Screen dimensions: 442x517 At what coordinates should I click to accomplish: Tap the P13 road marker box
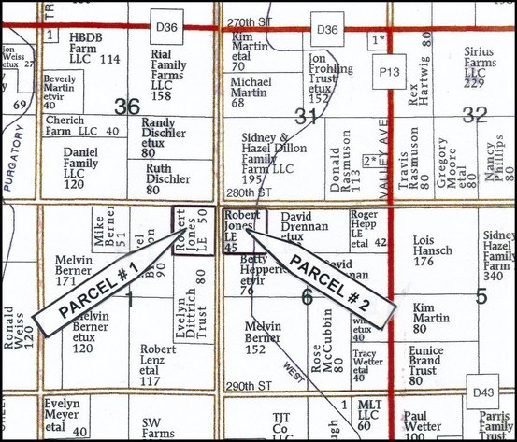click(x=385, y=70)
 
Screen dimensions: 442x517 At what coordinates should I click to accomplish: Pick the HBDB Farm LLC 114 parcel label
click(x=96, y=48)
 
